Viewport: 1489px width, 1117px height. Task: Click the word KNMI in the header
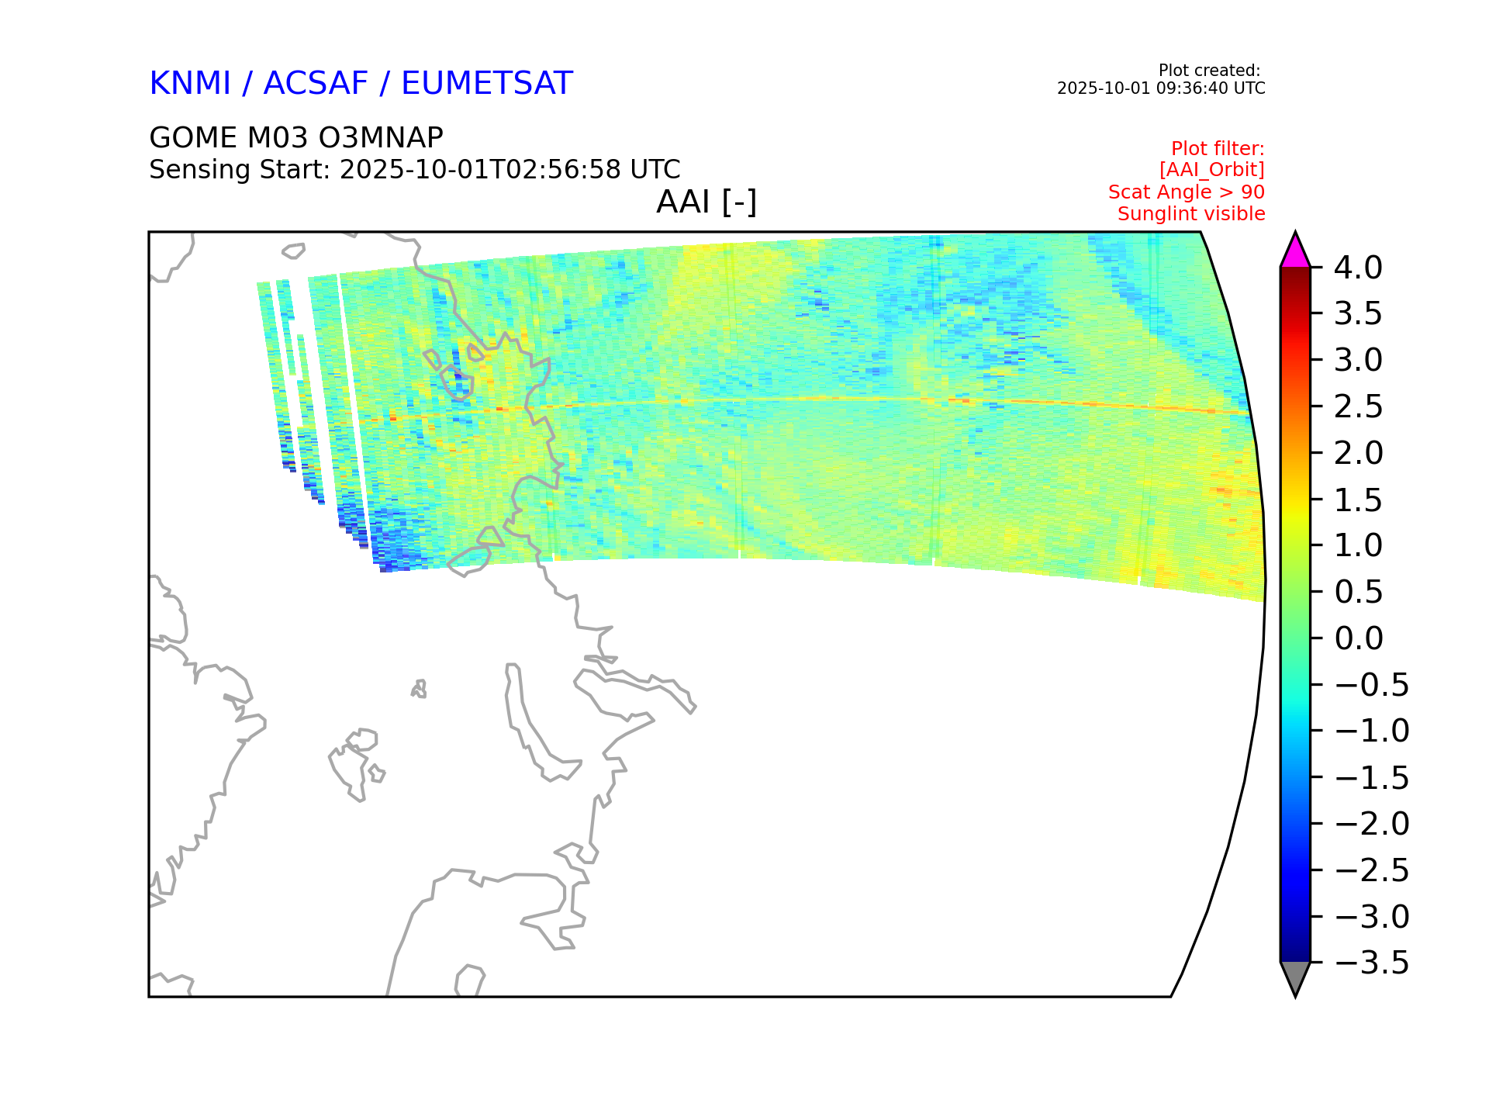tap(190, 84)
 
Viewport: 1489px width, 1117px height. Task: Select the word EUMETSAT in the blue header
tap(487, 84)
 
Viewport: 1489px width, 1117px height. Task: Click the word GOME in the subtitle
tap(193, 138)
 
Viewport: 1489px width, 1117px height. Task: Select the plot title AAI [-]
tap(706, 202)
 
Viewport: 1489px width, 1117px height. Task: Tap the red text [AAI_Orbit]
tap(1211, 170)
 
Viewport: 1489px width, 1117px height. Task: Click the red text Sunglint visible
tap(1191, 214)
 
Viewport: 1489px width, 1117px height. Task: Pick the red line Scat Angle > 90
tap(1187, 192)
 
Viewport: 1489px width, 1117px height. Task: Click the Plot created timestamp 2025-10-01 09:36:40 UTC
tap(1161, 88)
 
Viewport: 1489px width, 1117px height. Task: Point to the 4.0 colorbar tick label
tap(1358, 268)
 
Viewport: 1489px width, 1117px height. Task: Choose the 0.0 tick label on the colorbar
tap(1359, 638)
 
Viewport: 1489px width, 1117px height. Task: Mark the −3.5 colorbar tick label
tap(1372, 963)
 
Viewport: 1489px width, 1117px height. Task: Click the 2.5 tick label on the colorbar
tap(1358, 406)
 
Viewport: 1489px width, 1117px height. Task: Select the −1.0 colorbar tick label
tap(1372, 731)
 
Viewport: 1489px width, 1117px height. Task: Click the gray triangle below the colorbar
tap(1295, 976)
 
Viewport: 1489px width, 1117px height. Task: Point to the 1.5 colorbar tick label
tap(1358, 500)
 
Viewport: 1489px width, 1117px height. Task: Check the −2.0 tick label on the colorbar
tap(1372, 824)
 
